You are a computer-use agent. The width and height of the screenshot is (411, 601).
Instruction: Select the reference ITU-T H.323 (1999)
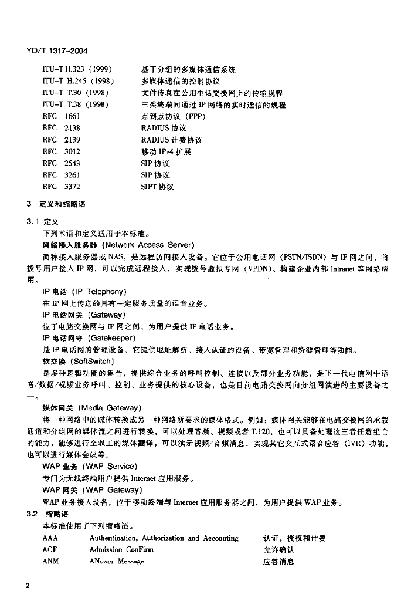(x=77, y=70)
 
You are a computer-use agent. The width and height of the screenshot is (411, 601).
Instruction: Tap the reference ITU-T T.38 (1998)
(x=77, y=105)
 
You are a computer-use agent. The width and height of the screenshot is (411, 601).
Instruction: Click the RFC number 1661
(x=72, y=117)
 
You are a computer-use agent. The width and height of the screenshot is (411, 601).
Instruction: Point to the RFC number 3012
(x=72, y=151)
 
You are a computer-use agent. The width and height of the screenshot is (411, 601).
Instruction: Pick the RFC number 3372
(x=72, y=187)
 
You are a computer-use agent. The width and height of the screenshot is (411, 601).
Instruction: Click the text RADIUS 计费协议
(x=171, y=140)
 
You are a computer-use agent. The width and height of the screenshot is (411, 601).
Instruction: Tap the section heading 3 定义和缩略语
(x=56, y=204)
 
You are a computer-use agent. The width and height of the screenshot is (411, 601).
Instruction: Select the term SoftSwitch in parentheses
(x=92, y=362)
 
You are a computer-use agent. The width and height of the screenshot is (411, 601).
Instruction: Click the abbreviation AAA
(x=50, y=538)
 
